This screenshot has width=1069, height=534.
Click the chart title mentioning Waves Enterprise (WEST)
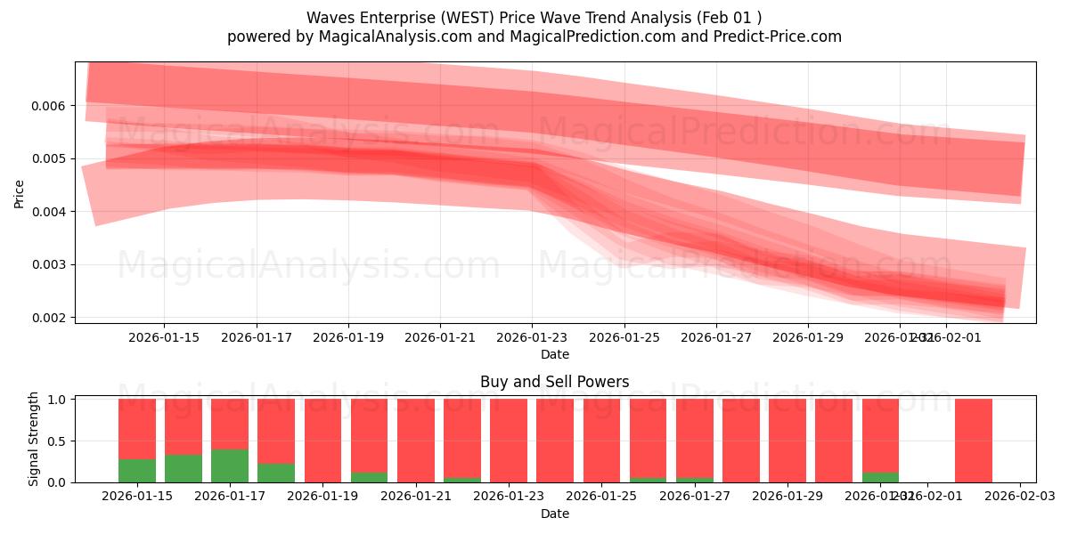[x=534, y=18]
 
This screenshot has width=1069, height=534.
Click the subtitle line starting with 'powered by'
[x=534, y=36]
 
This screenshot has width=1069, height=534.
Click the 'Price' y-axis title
[x=19, y=192]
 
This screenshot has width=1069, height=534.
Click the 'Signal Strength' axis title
[x=34, y=439]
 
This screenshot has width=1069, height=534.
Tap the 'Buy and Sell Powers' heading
[x=554, y=382]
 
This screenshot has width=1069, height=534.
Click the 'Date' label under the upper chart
[x=554, y=354]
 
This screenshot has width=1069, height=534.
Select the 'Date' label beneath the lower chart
[x=554, y=514]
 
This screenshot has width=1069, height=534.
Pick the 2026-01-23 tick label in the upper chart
[x=532, y=337]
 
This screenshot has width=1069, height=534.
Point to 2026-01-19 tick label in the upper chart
[x=348, y=337]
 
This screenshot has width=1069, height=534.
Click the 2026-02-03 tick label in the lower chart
[x=1019, y=496]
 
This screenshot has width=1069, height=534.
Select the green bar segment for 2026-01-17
[x=230, y=465]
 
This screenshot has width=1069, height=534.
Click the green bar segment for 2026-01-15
[x=137, y=471]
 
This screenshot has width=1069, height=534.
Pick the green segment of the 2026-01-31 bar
[x=880, y=477]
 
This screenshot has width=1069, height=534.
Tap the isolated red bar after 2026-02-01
[x=973, y=441]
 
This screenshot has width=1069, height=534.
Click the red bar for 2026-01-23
[x=509, y=441]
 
